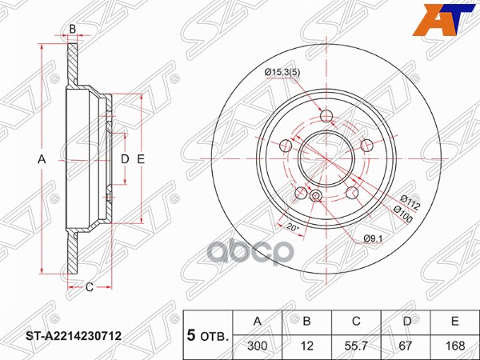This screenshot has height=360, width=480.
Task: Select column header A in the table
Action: click(258, 321)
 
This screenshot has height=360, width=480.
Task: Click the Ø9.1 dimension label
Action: click(373, 238)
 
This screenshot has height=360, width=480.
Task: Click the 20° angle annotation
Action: click(293, 229)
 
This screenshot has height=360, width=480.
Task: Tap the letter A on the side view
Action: click(42, 159)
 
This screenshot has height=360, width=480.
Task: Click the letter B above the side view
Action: click(72, 30)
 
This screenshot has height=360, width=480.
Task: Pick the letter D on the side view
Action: click(124, 159)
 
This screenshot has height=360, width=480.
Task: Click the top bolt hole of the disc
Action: click(326, 118)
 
